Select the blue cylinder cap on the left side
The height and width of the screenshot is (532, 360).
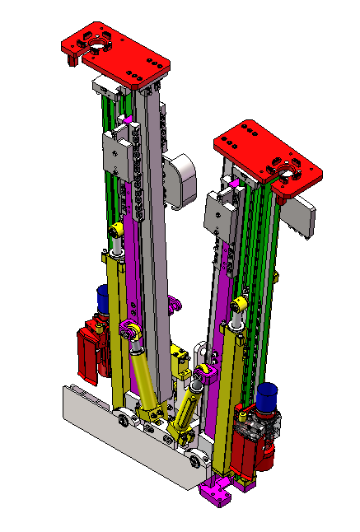(104, 297)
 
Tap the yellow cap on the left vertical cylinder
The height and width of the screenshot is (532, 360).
(117, 228)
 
